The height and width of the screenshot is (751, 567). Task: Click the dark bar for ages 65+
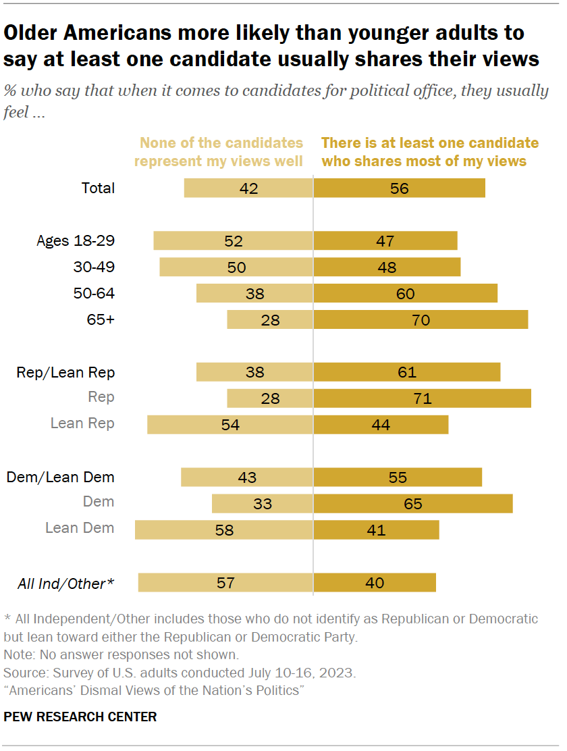[x=421, y=319]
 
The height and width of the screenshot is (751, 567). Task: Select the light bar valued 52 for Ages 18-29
[x=233, y=241]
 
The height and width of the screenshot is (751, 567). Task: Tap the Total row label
[x=97, y=188]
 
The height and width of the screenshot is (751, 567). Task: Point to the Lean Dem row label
[x=80, y=528]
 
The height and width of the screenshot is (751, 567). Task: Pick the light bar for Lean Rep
[x=230, y=424]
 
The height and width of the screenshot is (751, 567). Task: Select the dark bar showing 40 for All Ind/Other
[x=375, y=583]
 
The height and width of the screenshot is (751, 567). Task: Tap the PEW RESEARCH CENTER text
[x=80, y=717]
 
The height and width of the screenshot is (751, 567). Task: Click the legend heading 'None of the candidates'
[x=221, y=143]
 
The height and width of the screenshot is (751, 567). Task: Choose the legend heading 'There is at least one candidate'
[x=430, y=143]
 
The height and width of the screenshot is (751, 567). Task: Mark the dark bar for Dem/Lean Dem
[x=398, y=477]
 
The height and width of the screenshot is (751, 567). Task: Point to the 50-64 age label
[x=94, y=293]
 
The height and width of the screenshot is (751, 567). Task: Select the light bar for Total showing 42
[x=248, y=188]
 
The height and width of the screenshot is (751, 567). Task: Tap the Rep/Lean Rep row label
[x=65, y=372]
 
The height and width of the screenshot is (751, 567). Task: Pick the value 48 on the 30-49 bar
[x=387, y=267]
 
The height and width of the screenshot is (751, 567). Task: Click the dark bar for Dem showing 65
[x=412, y=503]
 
